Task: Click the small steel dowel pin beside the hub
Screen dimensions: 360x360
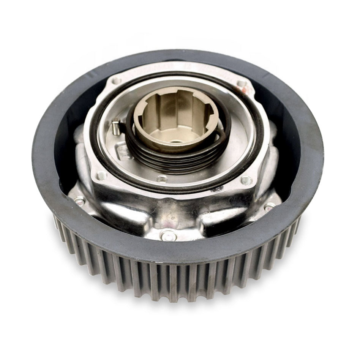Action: [117, 127]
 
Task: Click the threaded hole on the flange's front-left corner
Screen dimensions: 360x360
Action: [101, 176]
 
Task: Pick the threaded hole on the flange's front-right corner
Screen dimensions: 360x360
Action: [246, 180]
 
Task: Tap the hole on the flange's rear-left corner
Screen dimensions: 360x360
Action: [117, 81]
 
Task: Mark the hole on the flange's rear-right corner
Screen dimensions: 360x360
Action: [242, 84]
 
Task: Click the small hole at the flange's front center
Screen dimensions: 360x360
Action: [162, 178]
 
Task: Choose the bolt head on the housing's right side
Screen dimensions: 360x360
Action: [270, 206]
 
